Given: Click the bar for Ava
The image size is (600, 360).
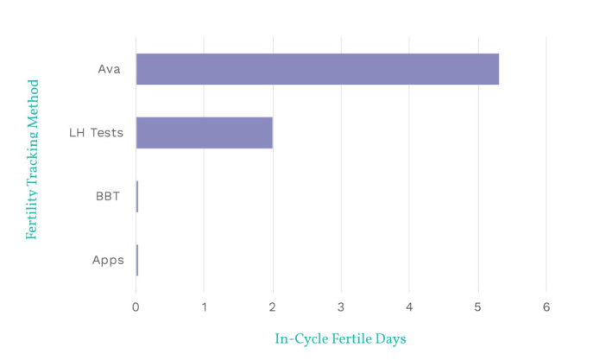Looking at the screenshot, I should [x=317, y=69].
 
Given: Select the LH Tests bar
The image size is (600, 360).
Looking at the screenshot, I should [x=204, y=132].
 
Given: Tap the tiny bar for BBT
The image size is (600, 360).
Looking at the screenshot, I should [x=136, y=196].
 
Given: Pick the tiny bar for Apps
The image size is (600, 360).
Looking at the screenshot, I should [x=136, y=260].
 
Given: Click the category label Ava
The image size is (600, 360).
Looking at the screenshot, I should [x=109, y=69].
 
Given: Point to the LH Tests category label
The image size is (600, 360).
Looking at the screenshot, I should [x=96, y=132].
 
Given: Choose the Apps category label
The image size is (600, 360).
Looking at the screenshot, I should [x=108, y=260].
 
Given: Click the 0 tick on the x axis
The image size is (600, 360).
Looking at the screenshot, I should [x=136, y=307].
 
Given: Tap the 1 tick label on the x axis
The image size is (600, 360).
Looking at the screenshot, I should [x=204, y=307].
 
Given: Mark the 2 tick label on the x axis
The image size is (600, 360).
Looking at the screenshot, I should [x=273, y=307].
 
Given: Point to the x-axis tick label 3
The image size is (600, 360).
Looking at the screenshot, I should [x=341, y=307].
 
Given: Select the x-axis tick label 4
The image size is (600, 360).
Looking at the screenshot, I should [x=409, y=307].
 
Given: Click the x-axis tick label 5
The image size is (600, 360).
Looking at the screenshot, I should [x=477, y=307].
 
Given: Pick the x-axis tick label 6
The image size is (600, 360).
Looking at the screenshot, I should [x=546, y=307].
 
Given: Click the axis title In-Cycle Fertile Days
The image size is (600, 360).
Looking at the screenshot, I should [x=340, y=339].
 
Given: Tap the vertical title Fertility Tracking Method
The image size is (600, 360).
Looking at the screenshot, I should [x=32, y=160].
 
